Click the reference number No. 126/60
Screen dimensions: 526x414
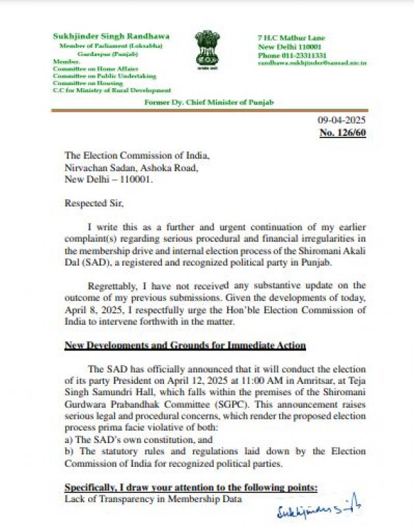click(342, 133)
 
